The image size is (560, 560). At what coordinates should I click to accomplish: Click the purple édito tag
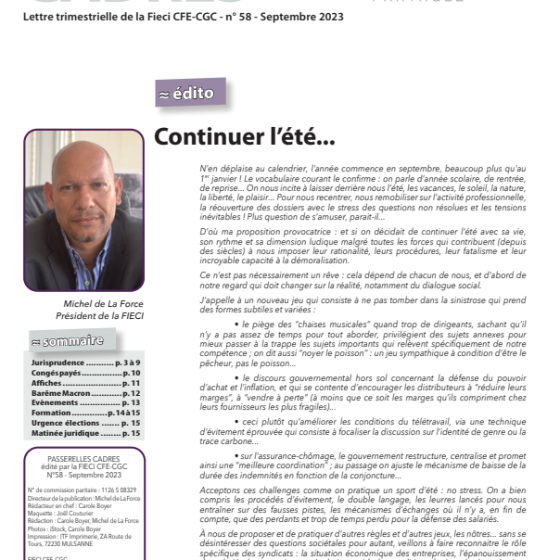(191, 93)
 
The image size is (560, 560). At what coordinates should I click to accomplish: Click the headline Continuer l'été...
(244, 137)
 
